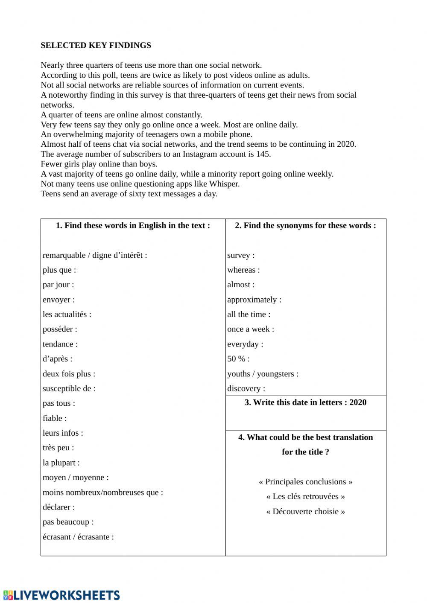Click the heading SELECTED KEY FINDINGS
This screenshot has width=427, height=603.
(x=96, y=45)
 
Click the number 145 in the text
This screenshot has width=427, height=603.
(x=263, y=154)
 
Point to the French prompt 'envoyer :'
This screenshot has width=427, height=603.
(x=58, y=300)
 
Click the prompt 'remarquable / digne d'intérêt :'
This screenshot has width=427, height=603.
(x=95, y=255)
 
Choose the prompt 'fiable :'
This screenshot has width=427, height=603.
(x=55, y=418)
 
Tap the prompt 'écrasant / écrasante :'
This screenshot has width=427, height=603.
(x=78, y=537)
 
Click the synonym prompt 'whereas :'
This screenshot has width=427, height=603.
(x=243, y=270)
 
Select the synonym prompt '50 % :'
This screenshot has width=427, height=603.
(x=238, y=359)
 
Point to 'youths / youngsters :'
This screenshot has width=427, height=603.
(x=263, y=374)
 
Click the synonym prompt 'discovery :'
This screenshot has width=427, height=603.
(x=246, y=388)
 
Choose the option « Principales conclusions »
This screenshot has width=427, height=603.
(x=305, y=482)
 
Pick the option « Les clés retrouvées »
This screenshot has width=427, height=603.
(x=305, y=496)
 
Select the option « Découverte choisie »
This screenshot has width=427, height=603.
(x=305, y=511)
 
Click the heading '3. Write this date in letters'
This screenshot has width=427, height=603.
(x=305, y=402)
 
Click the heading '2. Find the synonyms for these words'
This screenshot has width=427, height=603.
(x=305, y=226)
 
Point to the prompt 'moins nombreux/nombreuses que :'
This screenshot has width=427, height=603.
(x=102, y=492)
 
